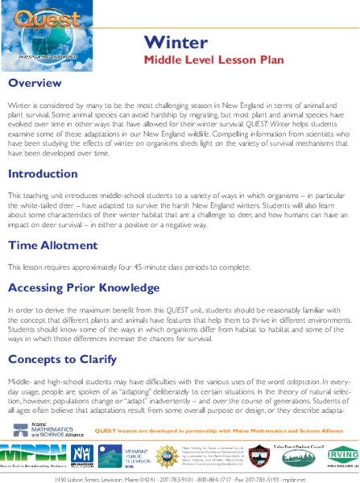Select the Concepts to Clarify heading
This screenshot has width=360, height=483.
(68, 334)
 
